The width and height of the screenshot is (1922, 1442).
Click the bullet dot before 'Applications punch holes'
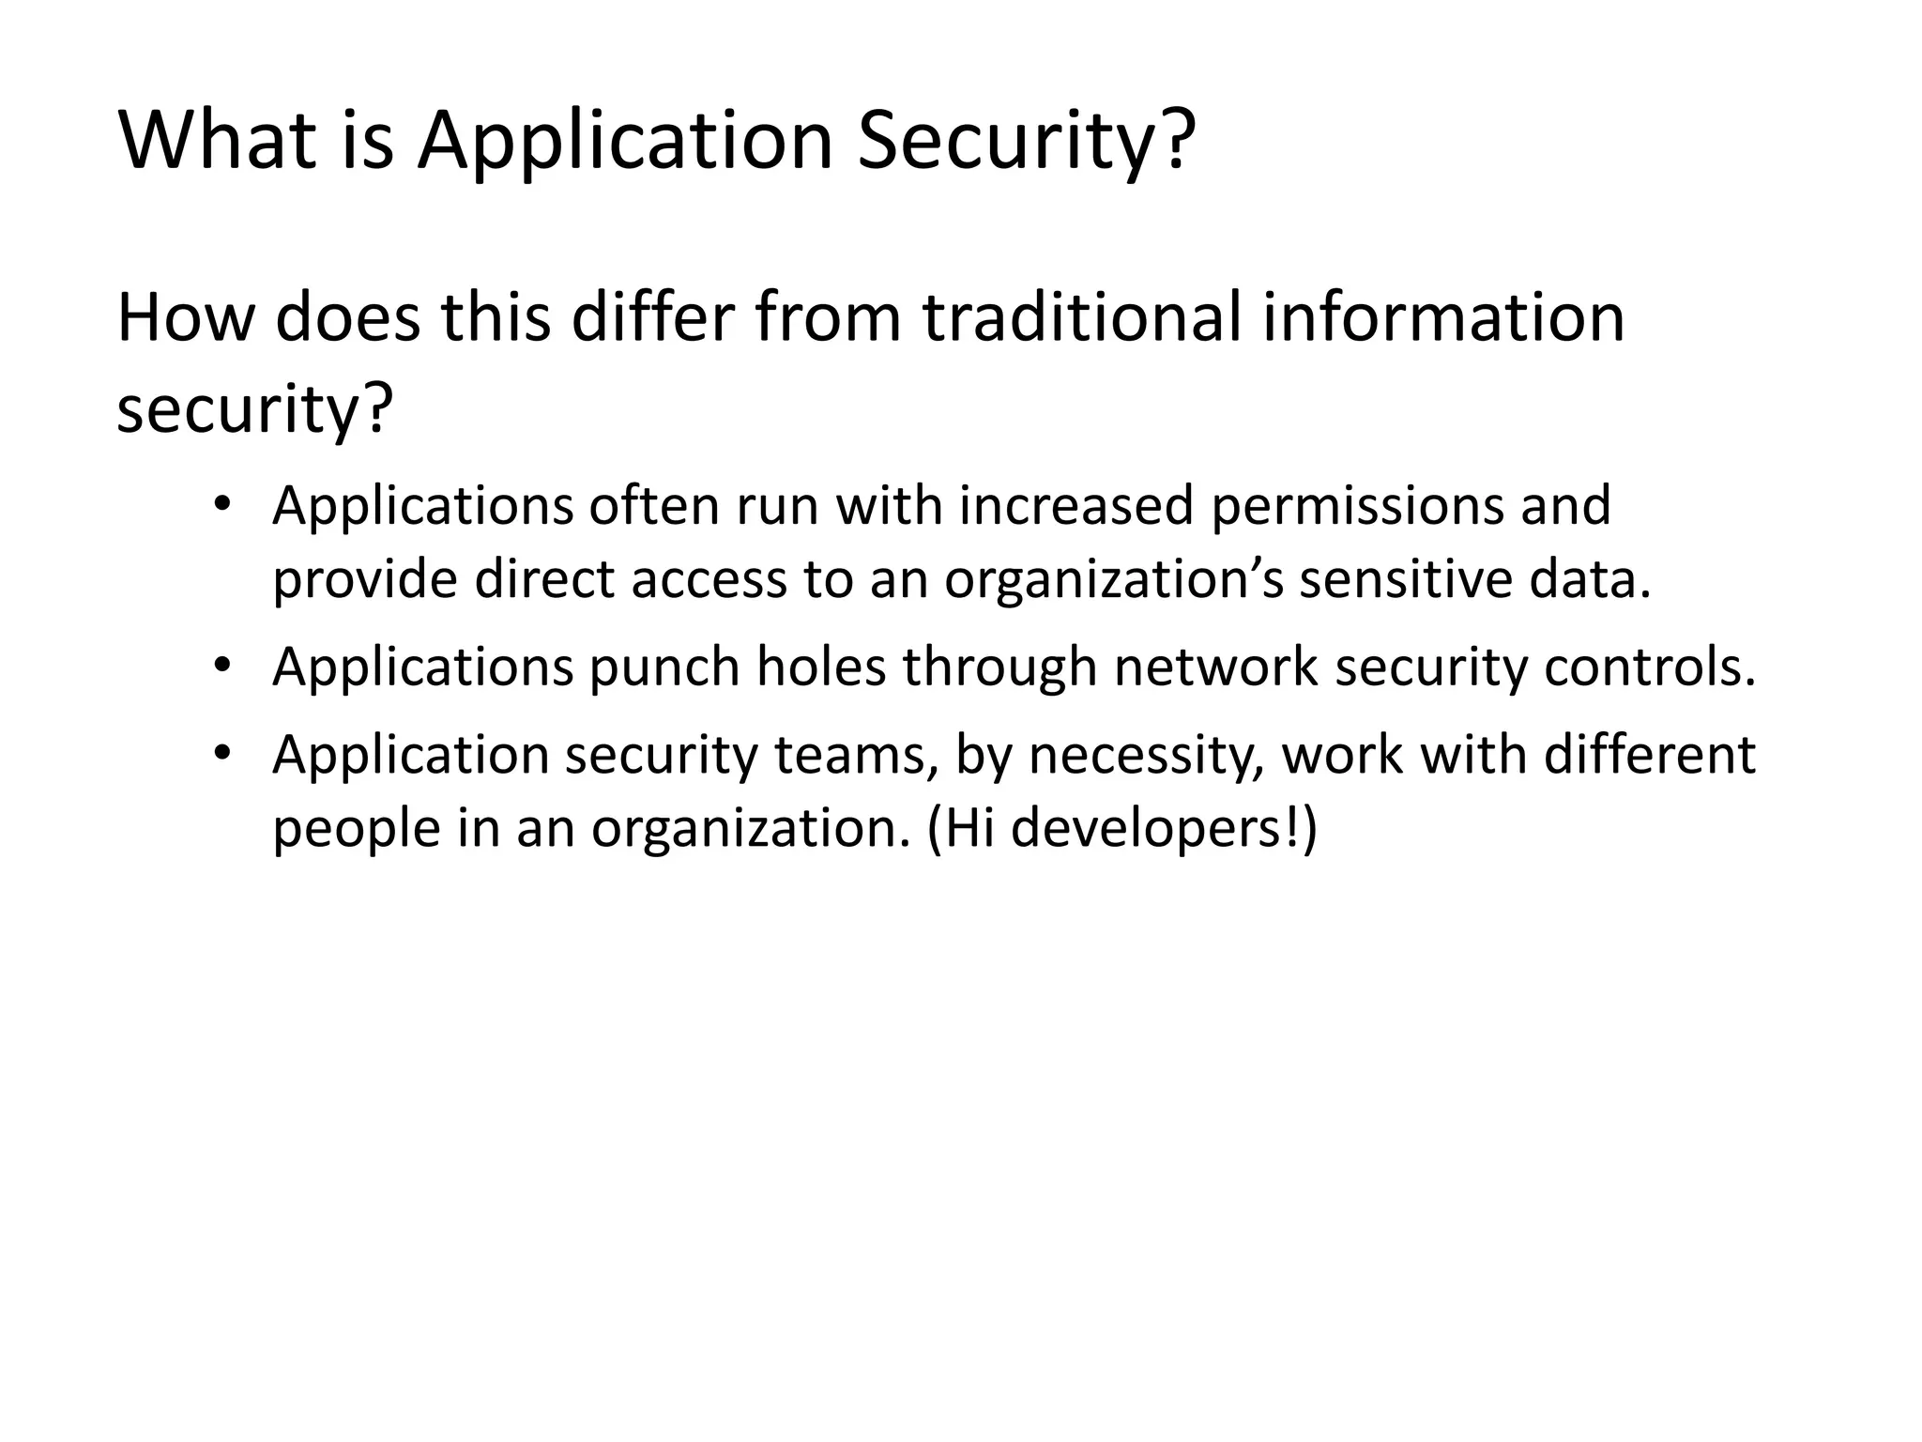[x=221, y=667]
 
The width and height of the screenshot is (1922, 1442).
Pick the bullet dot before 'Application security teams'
[x=221, y=755]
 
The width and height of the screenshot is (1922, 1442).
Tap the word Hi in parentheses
[x=969, y=829]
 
